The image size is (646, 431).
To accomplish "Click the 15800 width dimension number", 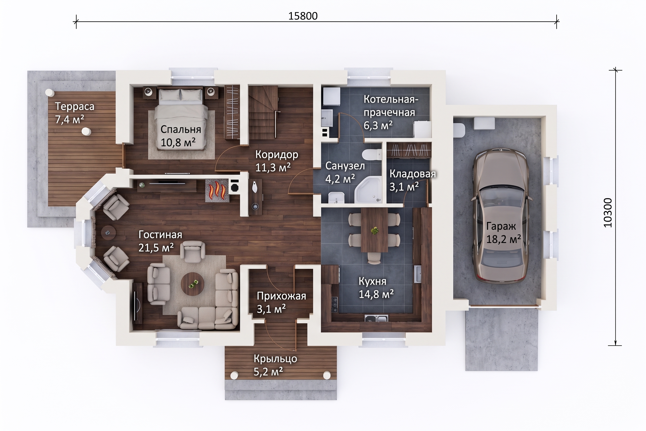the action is (x=303, y=16).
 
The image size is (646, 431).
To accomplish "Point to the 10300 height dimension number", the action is (x=608, y=213).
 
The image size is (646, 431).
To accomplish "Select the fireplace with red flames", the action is (x=217, y=190).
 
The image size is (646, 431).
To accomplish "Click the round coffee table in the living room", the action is (x=192, y=284).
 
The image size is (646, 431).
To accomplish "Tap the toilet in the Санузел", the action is (x=372, y=154).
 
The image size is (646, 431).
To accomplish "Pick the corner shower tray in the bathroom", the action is (x=368, y=190).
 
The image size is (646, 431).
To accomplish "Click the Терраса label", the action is (x=74, y=106).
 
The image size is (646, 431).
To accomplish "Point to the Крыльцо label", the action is (x=275, y=358).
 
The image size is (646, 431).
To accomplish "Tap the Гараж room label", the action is (x=501, y=226).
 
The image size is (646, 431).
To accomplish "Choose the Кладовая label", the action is (x=413, y=174).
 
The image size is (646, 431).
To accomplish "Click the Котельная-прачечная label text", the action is (x=391, y=106).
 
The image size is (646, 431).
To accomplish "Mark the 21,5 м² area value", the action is (x=156, y=248).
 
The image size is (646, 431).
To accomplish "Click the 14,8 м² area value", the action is (x=376, y=294).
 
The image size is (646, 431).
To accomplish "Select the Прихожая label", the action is (x=281, y=296).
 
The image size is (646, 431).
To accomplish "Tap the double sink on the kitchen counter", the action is (x=376, y=318).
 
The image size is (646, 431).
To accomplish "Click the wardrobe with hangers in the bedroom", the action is (x=232, y=112).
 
